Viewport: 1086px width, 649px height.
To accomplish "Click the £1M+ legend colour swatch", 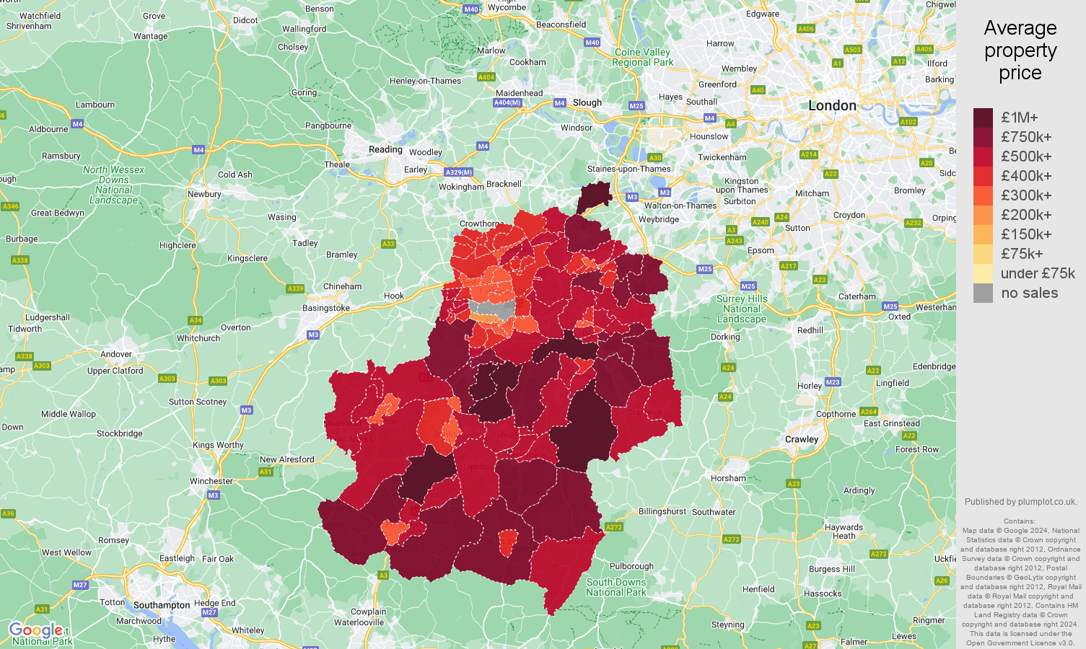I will (983, 118).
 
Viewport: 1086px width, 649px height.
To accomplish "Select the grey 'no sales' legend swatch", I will (983, 293).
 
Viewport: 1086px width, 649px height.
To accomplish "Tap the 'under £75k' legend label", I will (1037, 273).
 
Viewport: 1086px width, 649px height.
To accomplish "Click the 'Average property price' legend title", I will (1020, 50).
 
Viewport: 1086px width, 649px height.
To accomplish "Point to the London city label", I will (832, 106).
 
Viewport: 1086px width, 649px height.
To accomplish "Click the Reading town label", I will (385, 150).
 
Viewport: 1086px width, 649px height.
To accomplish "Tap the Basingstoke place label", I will (326, 308).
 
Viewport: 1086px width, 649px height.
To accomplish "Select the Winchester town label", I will (211, 481).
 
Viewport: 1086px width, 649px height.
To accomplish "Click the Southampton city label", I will (162, 605).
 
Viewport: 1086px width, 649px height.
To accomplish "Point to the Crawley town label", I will (802, 439).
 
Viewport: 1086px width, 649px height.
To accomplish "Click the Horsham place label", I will (728, 478).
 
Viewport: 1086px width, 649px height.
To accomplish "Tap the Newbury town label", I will (204, 194).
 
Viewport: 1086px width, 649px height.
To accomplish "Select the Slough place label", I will (587, 102).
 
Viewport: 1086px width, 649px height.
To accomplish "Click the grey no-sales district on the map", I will (491, 309).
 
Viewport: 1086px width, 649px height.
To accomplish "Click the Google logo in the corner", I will (35, 631).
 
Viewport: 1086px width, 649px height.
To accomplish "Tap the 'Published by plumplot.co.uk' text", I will (1020, 502).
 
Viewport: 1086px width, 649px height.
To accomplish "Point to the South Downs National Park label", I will (616, 587).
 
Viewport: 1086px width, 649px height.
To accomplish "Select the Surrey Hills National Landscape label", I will (742, 309).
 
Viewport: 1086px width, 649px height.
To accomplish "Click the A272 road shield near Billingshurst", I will (613, 527).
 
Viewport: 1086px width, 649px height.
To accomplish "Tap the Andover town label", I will (116, 354).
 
